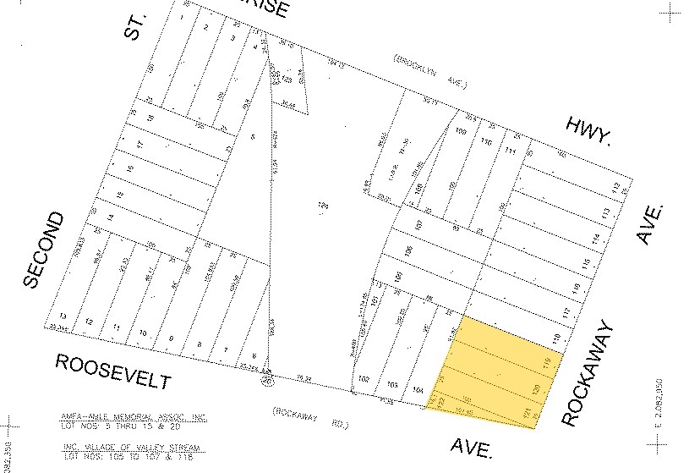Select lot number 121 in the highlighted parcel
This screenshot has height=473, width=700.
coord(527,414)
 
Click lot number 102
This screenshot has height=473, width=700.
coord(364,378)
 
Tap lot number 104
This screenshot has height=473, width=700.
coord(417,389)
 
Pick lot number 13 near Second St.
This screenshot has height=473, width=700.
coord(62,316)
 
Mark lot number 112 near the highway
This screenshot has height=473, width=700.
coord(615,186)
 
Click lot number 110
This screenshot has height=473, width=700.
coord(485,141)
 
